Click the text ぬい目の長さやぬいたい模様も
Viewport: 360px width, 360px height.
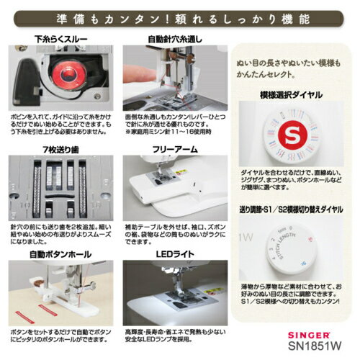coord(292,64)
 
